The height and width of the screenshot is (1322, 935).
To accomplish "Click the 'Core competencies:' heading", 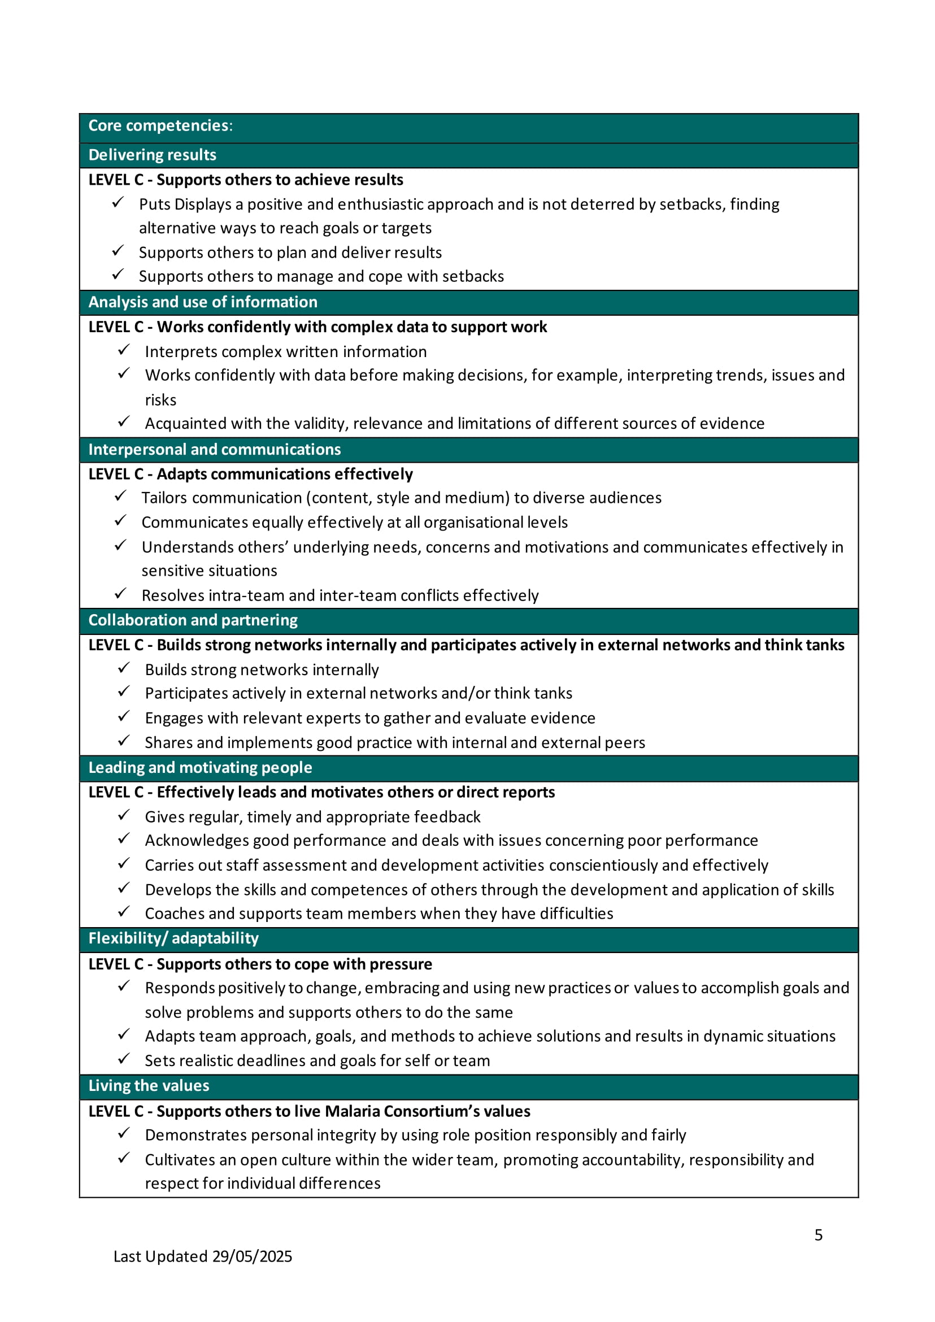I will (x=160, y=125).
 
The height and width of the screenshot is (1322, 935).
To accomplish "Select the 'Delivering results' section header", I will (x=152, y=155).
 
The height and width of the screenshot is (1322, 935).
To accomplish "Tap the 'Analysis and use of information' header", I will (x=203, y=302).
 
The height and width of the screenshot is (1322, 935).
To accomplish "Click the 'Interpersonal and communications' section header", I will (x=214, y=449).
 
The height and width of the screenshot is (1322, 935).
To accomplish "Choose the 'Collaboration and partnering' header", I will (x=193, y=620).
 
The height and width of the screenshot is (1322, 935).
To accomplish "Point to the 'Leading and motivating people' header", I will (x=200, y=767).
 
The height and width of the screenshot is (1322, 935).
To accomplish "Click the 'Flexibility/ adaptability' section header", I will (x=173, y=938).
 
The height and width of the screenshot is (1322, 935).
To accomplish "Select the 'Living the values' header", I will (x=149, y=1085).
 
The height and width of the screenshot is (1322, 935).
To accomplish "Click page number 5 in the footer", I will (x=818, y=1234).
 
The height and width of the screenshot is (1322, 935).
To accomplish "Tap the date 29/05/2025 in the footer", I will (x=251, y=1256).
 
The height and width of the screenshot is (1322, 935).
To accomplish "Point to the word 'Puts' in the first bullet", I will (x=153, y=205).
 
